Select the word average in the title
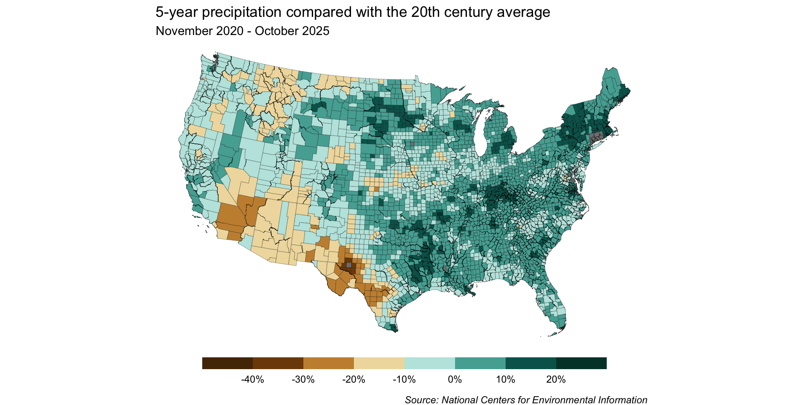click(x=523, y=13)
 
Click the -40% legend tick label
click(x=252, y=380)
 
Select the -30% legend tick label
click(x=303, y=380)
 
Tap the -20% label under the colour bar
click(x=354, y=380)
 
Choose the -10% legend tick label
click(x=404, y=380)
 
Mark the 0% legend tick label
click(x=455, y=380)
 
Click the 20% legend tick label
click(x=556, y=380)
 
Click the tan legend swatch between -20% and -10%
click(x=379, y=363)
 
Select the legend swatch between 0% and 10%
click(x=480, y=363)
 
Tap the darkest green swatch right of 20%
click(x=581, y=363)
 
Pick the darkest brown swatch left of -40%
click(x=228, y=363)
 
